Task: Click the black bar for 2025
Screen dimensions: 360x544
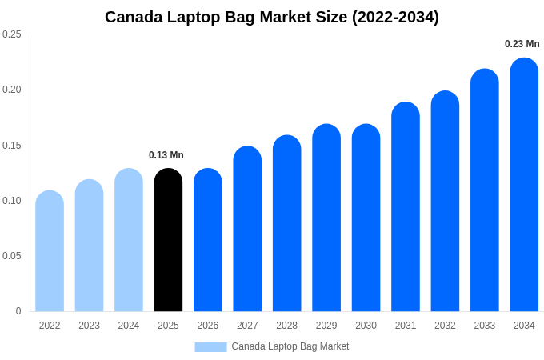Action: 168,240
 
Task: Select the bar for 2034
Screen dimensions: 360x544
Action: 524,185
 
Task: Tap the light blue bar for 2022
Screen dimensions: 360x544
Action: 50,251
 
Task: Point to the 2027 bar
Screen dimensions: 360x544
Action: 247,229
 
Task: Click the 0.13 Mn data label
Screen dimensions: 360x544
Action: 166,155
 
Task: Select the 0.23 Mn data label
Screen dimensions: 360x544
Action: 522,44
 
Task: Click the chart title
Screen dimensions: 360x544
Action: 272,17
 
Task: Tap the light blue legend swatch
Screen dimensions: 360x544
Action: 210,346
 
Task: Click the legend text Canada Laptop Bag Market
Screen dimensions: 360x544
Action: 290,346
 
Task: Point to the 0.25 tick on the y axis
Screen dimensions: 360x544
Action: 12,34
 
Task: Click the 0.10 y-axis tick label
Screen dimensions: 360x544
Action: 12,201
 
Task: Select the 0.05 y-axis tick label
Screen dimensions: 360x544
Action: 12,256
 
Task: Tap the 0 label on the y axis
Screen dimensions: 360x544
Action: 18,311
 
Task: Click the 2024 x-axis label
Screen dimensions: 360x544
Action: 129,326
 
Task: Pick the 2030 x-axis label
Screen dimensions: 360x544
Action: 366,326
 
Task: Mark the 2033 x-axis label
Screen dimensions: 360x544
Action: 485,326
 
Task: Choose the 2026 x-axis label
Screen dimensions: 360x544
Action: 208,326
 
